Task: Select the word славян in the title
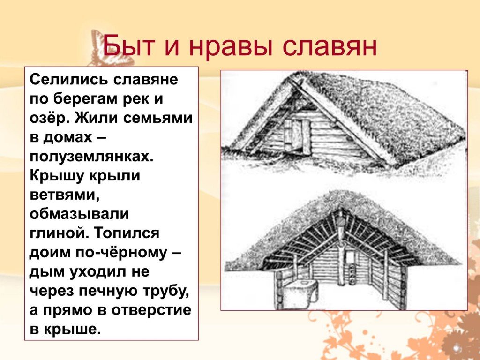coord(330,46)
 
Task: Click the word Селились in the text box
coord(69,80)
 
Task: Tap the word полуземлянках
coord(91,157)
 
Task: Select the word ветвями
coord(64,195)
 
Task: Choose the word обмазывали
coord(79,214)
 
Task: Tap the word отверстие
coord(151,310)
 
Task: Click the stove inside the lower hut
coord(300,294)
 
